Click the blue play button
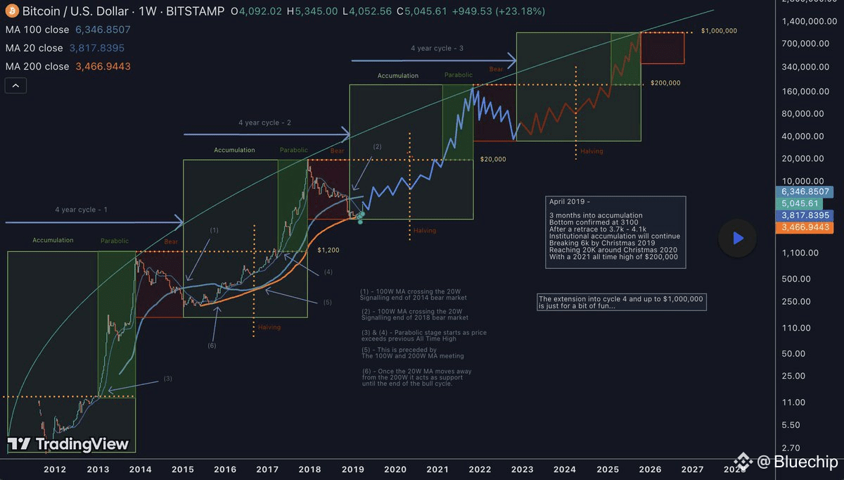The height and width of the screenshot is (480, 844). coord(737,238)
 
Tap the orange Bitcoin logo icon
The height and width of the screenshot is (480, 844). coord(11,12)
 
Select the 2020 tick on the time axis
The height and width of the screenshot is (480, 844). coord(395,469)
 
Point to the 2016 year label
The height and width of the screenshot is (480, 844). coord(225,469)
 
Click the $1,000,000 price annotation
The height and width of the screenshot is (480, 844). coord(719,32)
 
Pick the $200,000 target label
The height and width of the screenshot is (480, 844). coord(665,83)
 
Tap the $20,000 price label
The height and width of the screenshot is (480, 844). coord(493,159)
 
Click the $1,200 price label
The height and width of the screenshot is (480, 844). coord(328,250)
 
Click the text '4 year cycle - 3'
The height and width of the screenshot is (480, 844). coord(437,48)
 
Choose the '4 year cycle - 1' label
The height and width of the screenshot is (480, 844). coord(81,210)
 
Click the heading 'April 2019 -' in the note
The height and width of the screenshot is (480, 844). coord(570,201)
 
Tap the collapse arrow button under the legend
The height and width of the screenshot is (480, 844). coord(16,86)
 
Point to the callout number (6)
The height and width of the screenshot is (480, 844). coord(212,346)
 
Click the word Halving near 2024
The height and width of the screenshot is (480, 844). coord(592,151)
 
